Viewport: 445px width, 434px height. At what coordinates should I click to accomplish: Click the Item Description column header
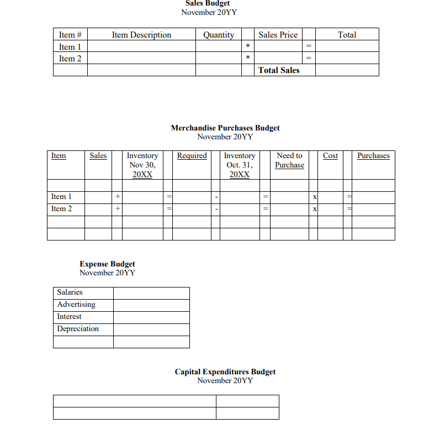141,34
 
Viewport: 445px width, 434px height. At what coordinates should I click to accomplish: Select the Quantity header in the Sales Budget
219,34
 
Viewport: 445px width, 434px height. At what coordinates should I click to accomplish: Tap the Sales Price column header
278,34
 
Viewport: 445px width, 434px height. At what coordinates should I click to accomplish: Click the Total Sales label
279,70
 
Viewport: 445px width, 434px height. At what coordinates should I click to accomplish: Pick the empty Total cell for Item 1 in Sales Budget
347,46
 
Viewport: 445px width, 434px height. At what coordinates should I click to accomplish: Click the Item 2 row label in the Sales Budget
70,59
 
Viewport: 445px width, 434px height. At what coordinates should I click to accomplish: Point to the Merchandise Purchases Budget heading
225,128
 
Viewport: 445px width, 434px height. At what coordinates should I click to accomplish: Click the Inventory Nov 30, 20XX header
142,165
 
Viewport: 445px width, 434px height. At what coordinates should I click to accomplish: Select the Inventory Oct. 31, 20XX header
240,165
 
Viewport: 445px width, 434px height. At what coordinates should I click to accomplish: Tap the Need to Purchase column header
289,160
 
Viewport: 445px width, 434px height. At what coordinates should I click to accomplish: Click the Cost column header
330,156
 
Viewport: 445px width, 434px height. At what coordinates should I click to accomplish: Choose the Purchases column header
373,156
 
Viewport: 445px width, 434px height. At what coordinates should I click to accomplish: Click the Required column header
192,156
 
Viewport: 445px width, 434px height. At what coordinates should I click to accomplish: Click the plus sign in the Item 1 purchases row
117,197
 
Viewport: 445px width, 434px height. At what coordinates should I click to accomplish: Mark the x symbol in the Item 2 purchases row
314,209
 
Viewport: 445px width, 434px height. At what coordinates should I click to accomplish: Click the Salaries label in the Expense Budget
70,292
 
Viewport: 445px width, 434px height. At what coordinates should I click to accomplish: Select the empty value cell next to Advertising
151,305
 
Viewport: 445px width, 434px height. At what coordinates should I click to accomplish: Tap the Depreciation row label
78,328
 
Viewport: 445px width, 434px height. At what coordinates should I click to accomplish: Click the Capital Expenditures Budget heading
225,372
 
